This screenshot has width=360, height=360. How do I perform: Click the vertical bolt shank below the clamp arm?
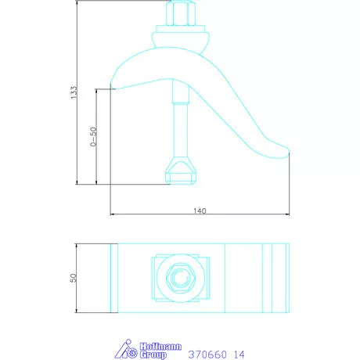point(181,125)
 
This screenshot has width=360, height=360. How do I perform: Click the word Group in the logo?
point(150,355)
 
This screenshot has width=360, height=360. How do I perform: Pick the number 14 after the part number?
point(239,354)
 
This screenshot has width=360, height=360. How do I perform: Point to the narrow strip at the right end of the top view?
point(276,277)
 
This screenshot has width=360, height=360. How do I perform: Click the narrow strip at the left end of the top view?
point(113,277)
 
